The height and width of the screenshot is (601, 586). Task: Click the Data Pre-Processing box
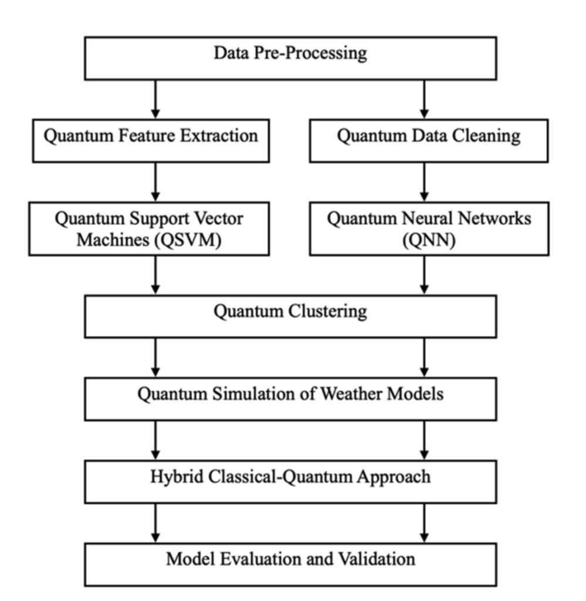point(290,58)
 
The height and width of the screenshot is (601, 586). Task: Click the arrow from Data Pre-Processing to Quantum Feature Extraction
point(155,99)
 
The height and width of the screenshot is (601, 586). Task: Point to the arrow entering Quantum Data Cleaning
point(425,99)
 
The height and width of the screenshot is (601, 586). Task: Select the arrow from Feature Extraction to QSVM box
point(155,182)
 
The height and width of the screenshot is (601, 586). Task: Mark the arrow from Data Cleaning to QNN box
point(425,182)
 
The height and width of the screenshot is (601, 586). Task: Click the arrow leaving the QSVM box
point(155,275)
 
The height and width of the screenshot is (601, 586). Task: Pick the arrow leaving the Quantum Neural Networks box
point(425,275)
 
